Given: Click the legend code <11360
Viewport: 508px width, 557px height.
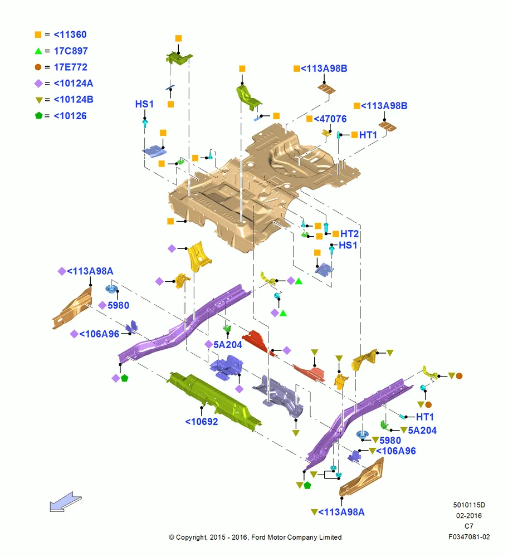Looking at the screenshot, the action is click(x=70, y=35).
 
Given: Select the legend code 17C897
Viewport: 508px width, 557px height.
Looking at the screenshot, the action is click(x=71, y=51).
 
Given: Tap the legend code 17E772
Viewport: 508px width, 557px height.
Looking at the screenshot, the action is click(x=70, y=67).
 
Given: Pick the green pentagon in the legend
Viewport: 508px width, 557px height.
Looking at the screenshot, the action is click(x=39, y=115).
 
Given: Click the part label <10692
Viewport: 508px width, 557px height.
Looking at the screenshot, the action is click(x=202, y=422).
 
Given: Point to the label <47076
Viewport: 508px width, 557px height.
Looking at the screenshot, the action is click(x=330, y=119).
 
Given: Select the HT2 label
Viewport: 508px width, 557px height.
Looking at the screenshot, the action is click(x=349, y=234).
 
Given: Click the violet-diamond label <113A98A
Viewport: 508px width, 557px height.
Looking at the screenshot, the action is click(x=90, y=271).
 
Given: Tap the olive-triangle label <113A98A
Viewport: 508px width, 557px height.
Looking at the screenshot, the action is click(x=341, y=512).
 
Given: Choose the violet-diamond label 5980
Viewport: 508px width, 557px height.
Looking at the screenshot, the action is click(x=118, y=305).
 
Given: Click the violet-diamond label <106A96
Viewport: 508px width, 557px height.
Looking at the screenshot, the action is click(x=99, y=334).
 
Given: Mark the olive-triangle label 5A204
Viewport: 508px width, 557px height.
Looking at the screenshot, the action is click(x=422, y=430).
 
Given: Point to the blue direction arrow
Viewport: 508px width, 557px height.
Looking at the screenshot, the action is click(x=65, y=502).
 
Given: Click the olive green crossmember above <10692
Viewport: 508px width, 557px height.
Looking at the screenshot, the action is click(x=214, y=399).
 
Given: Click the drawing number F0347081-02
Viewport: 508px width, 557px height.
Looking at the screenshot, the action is click(x=469, y=537).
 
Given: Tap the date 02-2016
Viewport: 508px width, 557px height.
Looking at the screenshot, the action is click(x=469, y=515).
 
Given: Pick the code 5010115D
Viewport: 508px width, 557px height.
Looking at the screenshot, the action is click(x=469, y=505).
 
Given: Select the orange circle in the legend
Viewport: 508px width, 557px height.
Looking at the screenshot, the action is click(x=38, y=67).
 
